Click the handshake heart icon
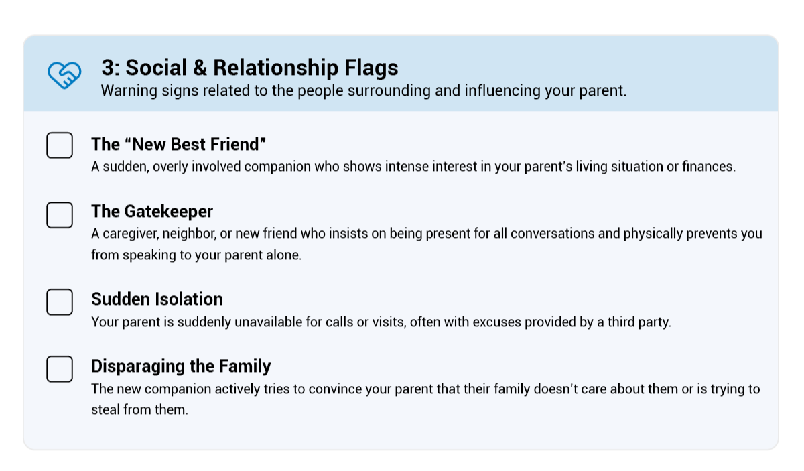[x=64, y=74]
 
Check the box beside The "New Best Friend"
[x=60, y=145]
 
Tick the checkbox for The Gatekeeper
[x=60, y=215]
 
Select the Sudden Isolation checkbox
[x=60, y=302]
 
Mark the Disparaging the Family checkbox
[x=60, y=369]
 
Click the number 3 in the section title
[x=108, y=68]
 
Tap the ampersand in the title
[x=200, y=68]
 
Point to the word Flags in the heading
[x=371, y=68]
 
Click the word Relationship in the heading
[x=275, y=68]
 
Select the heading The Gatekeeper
[x=152, y=211]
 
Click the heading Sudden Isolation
[x=157, y=299]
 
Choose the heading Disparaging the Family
[x=181, y=366]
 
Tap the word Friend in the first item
[x=237, y=144]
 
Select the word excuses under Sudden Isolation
[x=496, y=322]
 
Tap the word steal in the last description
[x=106, y=409]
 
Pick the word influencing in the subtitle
[x=503, y=91]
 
